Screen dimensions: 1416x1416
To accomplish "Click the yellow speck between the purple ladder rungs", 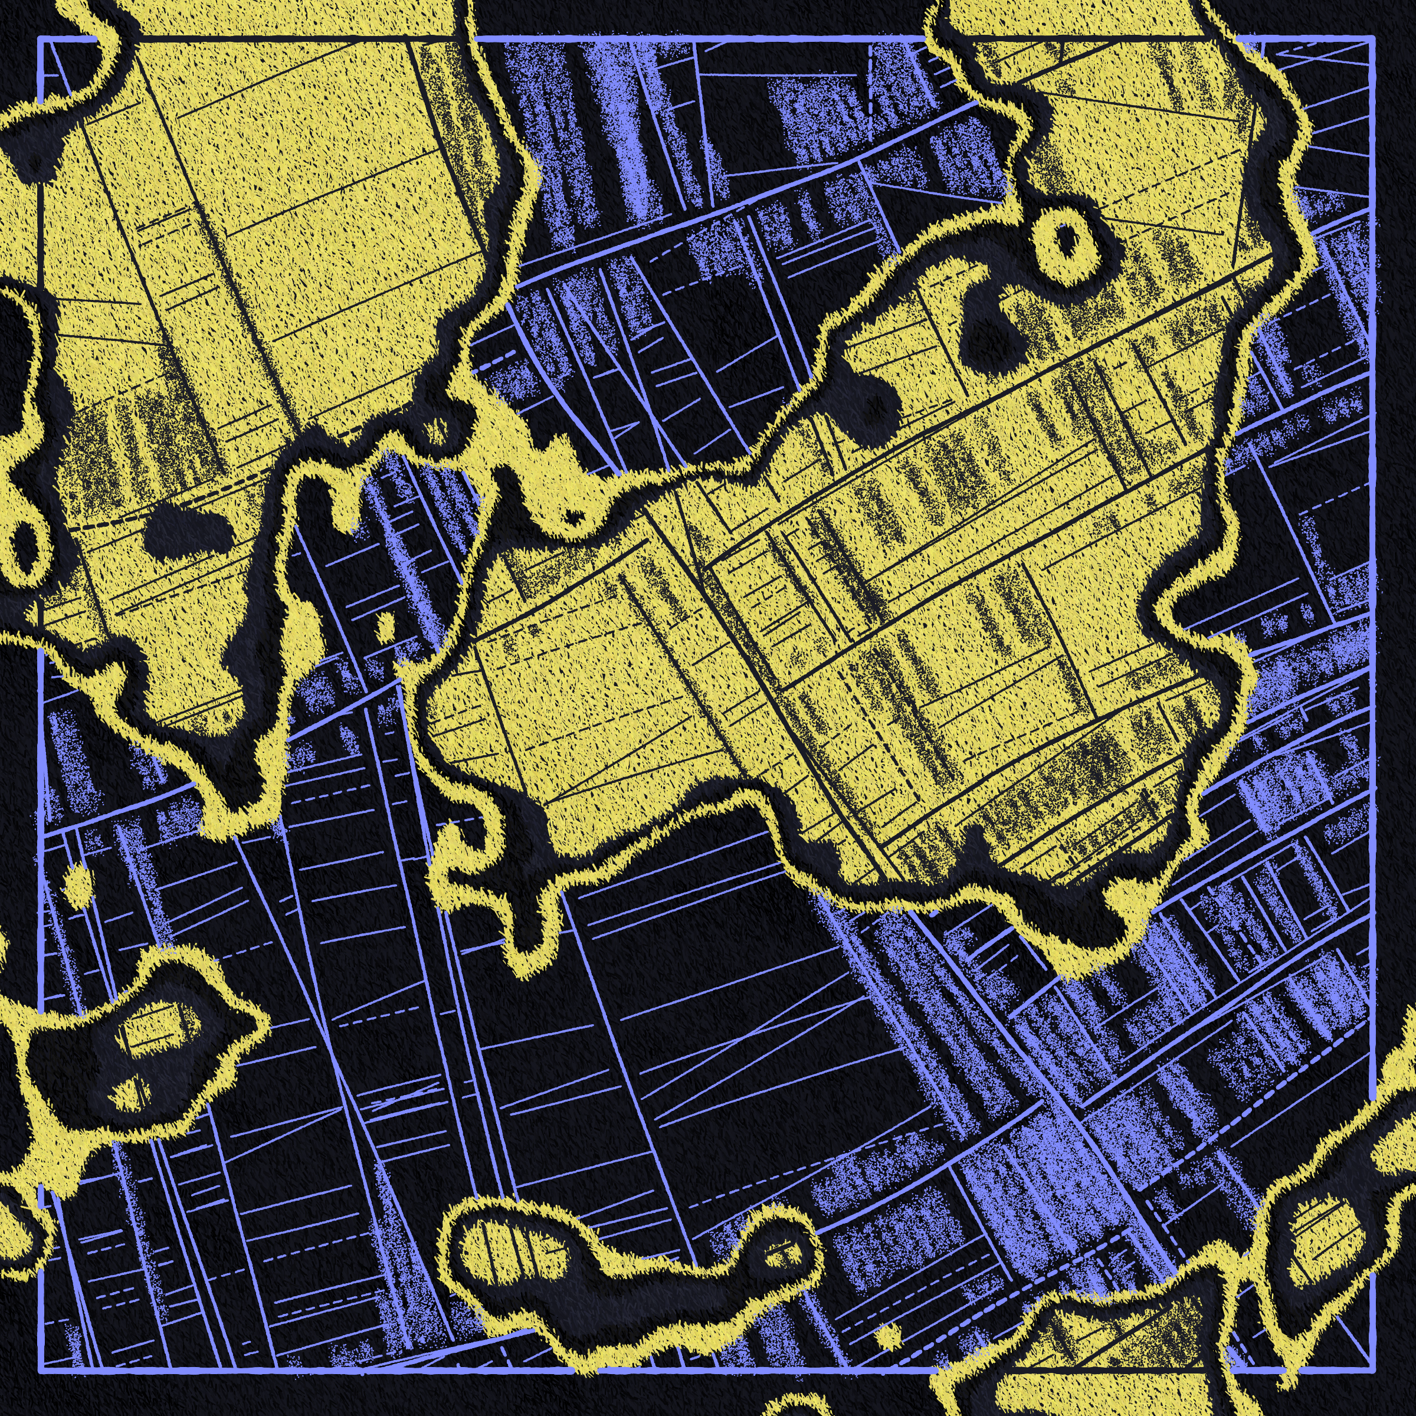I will coord(386,624).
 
